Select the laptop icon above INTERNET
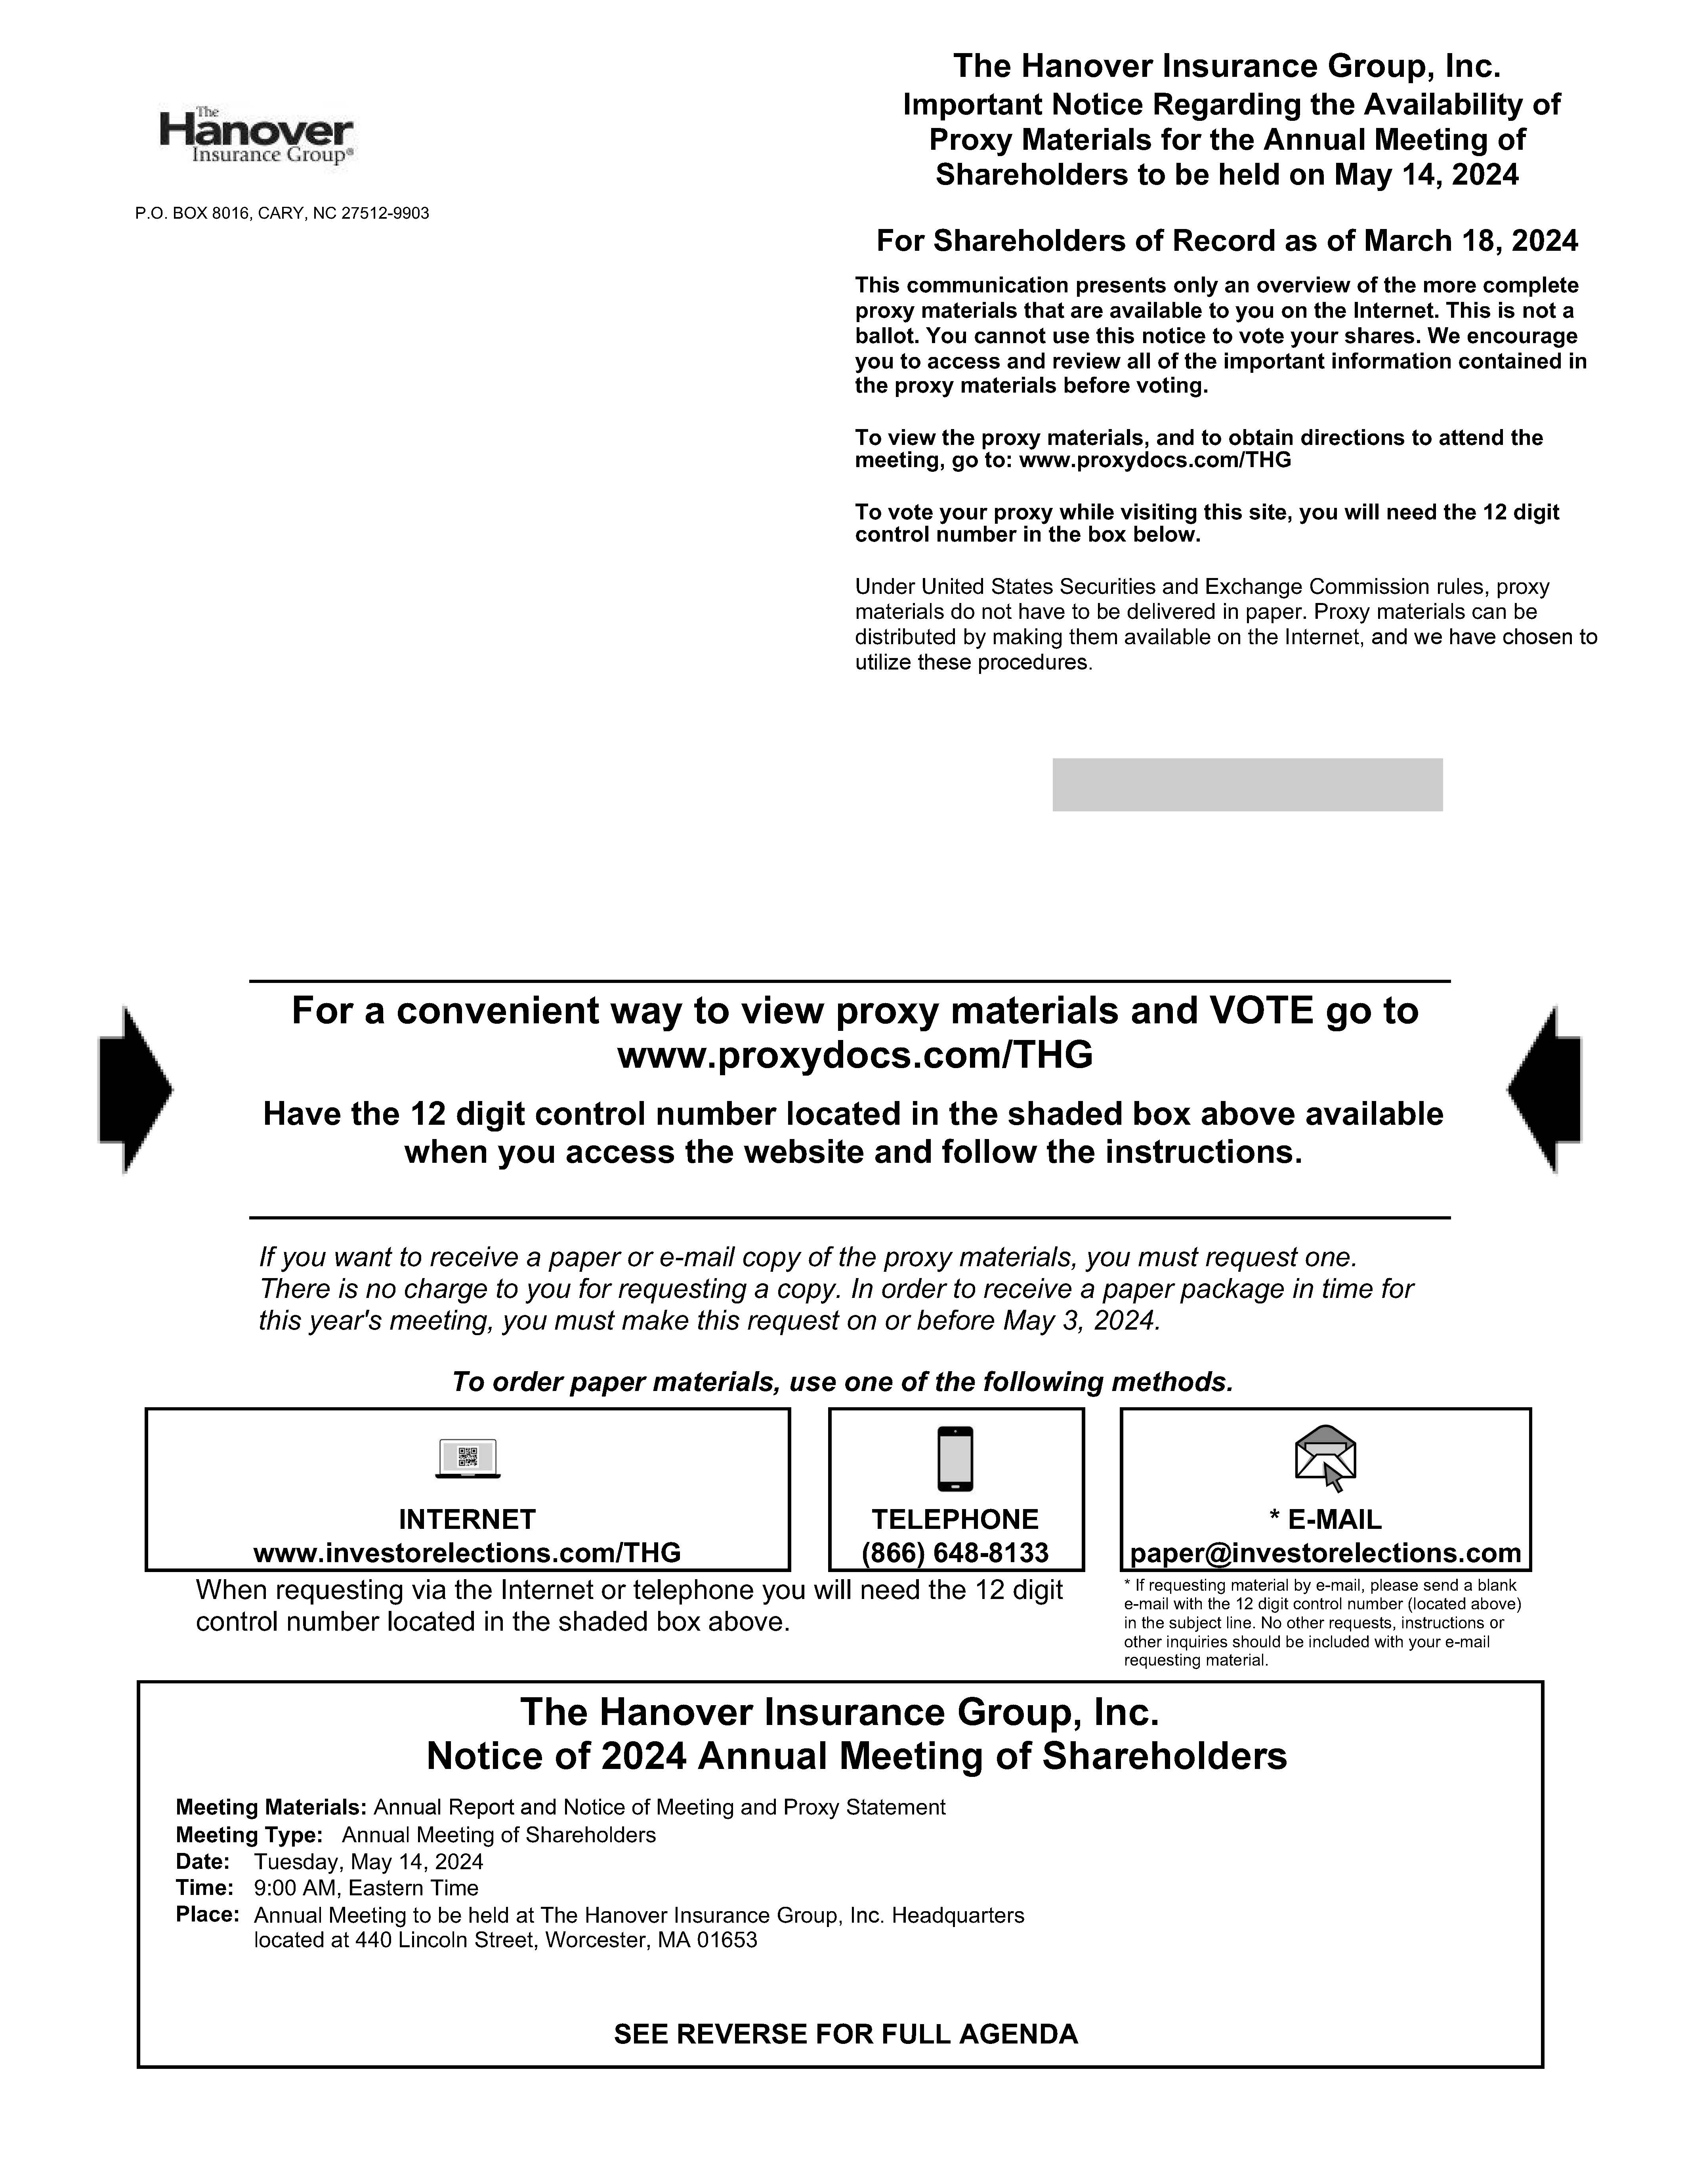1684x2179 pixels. (x=468, y=1459)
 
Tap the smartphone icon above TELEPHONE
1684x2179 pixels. (x=955, y=1459)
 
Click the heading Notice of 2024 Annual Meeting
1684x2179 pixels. (x=856, y=1756)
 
